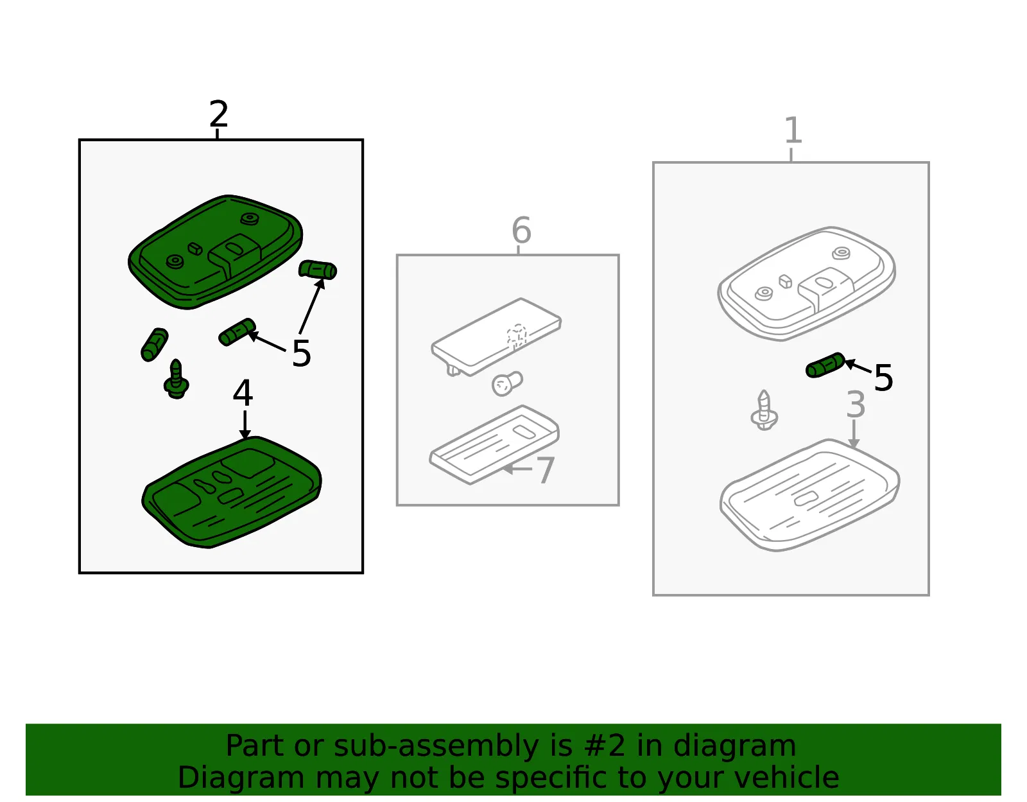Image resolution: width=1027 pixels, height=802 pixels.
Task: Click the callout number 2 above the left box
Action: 219,114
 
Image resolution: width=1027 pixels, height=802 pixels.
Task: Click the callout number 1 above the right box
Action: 793,130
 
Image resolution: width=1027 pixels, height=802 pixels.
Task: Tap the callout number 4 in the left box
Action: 243,393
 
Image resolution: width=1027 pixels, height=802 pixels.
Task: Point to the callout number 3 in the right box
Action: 856,405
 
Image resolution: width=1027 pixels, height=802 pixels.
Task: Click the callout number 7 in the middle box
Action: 546,470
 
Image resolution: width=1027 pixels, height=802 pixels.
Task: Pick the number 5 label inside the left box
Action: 302,354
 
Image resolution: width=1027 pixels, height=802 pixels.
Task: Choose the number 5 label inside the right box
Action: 883,378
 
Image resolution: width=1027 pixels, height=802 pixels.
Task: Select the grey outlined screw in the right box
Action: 764,410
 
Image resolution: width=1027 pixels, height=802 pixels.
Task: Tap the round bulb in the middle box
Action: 506,383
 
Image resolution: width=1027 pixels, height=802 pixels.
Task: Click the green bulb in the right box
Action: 825,365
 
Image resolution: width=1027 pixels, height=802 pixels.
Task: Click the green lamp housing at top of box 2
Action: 215,252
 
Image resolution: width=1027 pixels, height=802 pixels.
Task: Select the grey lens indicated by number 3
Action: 809,495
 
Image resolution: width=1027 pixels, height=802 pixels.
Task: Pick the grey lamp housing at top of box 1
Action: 806,284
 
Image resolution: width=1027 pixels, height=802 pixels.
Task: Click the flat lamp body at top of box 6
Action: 496,337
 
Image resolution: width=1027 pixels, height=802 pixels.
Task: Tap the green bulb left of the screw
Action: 154,345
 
